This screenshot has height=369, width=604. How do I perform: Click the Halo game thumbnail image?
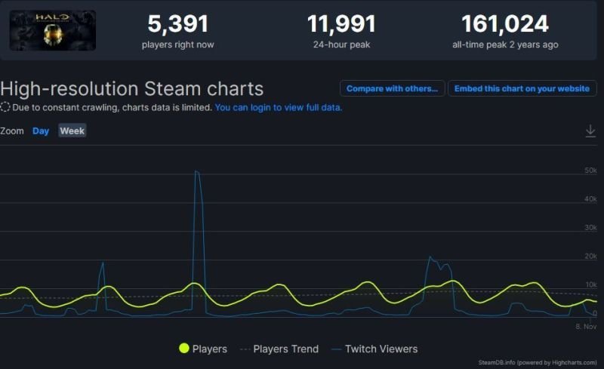(x=52, y=30)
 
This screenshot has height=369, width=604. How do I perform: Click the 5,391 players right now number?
(x=177, y=24)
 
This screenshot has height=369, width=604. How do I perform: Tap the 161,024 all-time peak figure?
(x=505, y=24)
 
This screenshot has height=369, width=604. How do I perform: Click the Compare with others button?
(x=392, y=88)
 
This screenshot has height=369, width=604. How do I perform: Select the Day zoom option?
(x=41, y=131)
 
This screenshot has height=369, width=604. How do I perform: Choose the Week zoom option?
(x=72, y=131)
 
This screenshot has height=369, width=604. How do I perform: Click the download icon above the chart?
(x=590, y=131)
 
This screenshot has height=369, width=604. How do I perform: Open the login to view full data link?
(x=279, y=107)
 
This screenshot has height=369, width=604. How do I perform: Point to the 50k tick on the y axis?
(x=591, y=171)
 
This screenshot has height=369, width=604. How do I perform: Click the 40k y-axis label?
(x=591, y=199)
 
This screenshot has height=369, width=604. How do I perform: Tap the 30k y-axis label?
(x=591, y=228)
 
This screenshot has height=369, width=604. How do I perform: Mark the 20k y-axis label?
(x=591, y=257)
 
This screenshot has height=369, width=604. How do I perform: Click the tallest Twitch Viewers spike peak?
(x=196, y=172)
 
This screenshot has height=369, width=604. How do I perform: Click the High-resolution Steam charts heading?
(x=132, y=88)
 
